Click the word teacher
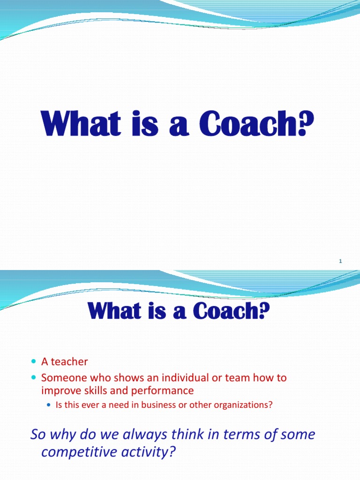pos(69,362)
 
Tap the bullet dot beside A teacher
pos(33,362)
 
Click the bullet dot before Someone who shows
pos(33,378)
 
